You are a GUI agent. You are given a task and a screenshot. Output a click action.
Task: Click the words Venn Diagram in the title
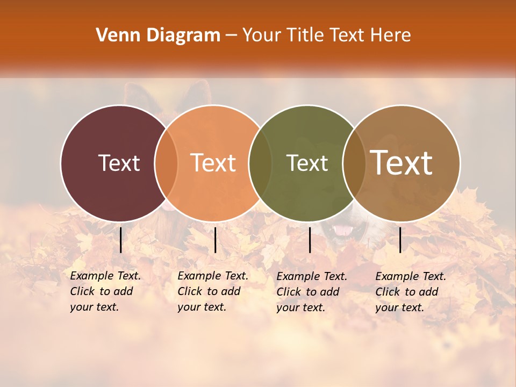coord(158,35)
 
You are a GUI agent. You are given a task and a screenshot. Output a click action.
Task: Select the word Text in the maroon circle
coord(119,163)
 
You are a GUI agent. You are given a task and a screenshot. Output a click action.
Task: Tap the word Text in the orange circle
coord(213,163)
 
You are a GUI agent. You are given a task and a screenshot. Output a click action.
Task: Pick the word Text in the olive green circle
coord(307,163)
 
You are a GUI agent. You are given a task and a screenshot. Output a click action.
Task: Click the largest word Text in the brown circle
coord(402,163)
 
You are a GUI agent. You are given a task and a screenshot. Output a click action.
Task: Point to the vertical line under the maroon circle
coord(121,240)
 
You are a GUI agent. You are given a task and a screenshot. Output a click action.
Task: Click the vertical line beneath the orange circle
coord(215,240)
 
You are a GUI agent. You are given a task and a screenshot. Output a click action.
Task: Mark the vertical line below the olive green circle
coord(310,240)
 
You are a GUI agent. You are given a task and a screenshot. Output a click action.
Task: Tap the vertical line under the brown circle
coord(400,240)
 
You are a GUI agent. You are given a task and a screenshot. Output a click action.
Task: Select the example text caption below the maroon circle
coord(105,291)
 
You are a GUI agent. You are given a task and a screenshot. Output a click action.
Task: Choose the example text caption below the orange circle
coord(212,291)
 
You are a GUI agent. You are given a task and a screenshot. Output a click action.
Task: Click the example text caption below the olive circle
coord(312,292)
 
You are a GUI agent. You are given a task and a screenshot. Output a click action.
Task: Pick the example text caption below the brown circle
coord(411,292)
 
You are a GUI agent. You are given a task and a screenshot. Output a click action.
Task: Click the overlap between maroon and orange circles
coord(166,163)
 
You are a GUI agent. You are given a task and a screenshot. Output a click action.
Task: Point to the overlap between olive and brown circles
coord(354,163)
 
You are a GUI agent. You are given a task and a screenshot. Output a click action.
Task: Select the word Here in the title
coord(392,35)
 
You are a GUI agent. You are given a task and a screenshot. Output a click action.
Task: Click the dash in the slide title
coord(231,35)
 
